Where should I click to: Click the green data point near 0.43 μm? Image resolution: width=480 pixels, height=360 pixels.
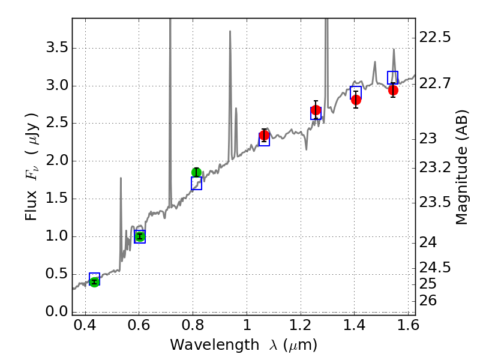[94, 281]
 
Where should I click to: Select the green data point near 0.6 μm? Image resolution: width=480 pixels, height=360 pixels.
[140, 236]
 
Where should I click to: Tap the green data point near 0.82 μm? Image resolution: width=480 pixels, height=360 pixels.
[196, 172]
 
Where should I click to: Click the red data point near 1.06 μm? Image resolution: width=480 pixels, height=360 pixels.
[264, 135]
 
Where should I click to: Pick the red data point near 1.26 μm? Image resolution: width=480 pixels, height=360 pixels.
[316, 110]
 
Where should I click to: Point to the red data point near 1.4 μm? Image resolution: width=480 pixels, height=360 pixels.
[356, 100]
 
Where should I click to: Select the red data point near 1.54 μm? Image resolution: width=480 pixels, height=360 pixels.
[393, 90]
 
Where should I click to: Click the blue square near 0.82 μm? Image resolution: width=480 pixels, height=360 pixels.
[196, 184]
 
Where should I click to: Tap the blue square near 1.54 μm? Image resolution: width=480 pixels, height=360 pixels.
[393, 77]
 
